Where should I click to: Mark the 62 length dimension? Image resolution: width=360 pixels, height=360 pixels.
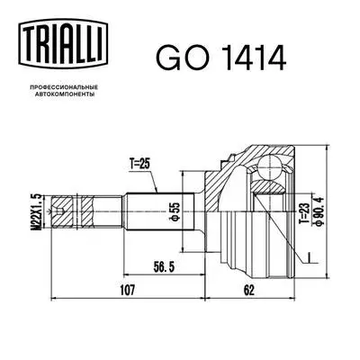point(248,290)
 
